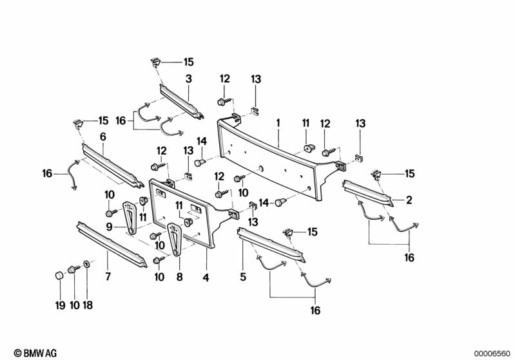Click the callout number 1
tap(278, 122)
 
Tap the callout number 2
tap(409, 200)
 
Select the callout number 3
tap(188, 79)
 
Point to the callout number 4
tap(206, 278)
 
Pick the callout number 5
tap(243, 278)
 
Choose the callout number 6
tap(102, 137)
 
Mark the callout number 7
tap(108, 278)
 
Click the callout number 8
tap(180, 278)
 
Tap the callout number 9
tap(110, 226)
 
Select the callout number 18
tap(88, 305)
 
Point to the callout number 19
tap(60, 305)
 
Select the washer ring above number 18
tap(87, 264)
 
